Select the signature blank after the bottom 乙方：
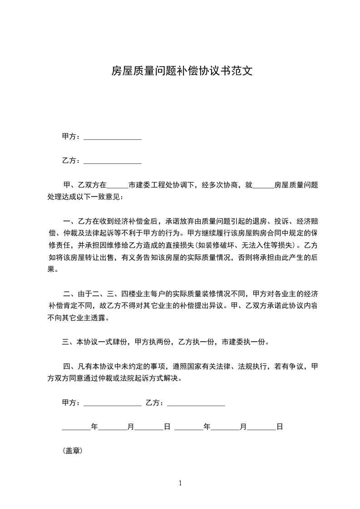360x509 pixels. (x=196, y=403)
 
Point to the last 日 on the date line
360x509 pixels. (x=280, y=427)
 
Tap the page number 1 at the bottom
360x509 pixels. (x=180, y=483)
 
